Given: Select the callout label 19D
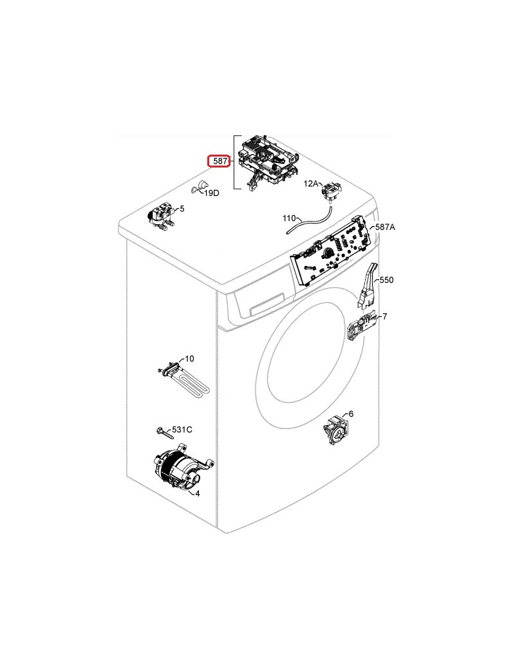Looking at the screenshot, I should point(212,193).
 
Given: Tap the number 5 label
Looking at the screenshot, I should point(182,209).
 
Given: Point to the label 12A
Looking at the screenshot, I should point(311,184).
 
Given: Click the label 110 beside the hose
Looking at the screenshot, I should point(289,219).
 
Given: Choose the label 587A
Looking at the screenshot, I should point(385,227).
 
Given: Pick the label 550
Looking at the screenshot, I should point(386,280).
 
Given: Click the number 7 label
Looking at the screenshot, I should point(384,316).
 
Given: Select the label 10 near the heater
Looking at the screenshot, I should point(189,359).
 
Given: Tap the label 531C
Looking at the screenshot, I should point(181,429).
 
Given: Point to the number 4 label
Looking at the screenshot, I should point(197,493).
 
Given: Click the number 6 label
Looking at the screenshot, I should point(351,414).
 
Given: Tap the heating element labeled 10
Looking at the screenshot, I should point(182,382).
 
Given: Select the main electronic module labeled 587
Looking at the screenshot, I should point(269,161).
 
